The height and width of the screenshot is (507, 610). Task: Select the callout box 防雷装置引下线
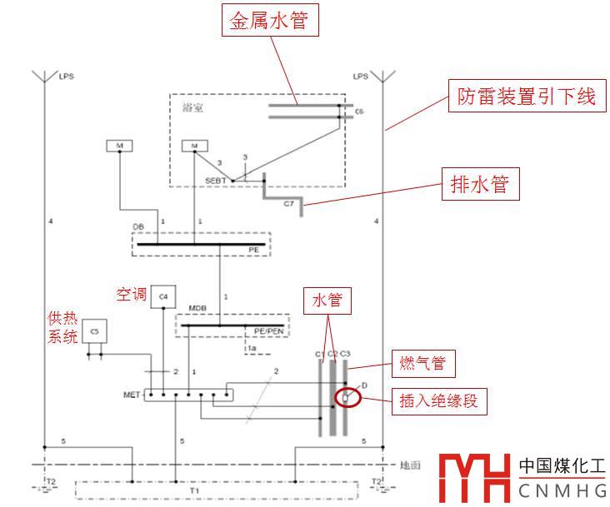pyautogui.click(x=526, y=97)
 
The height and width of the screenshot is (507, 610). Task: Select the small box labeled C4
pyautogui.click(x=163, y=297)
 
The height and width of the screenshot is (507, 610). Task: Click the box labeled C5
pyautogui.click(x=94, y=331)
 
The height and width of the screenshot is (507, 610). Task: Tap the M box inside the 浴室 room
pyautogui.click(x=195, y=147)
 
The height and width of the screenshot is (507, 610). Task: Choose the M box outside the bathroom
pyautogui.click(x=120, y=147)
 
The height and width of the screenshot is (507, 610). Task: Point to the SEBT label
pyautogui.click(x=215, y=181)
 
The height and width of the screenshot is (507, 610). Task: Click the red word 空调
pyautogui.click(x=132, y=295)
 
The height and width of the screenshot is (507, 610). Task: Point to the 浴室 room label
pyautogui.click(x=192, y=107)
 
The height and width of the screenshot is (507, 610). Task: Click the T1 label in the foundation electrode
pyautogui.click(x=194, y=491)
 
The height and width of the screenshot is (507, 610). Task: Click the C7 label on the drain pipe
pyautogui.click(x=289, y=202)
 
